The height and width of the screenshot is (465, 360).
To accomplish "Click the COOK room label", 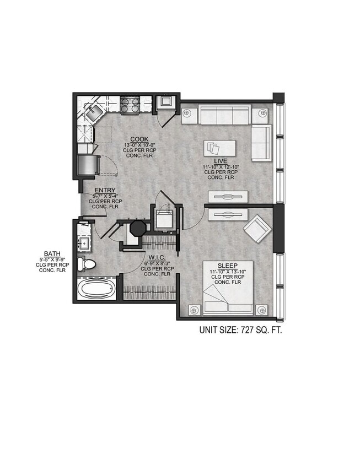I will point(138,139).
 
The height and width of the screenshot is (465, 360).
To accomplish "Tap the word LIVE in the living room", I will point(221,160).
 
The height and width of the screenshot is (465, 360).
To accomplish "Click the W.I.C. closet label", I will point(154,257).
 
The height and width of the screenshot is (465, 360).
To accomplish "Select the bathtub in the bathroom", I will point(96,289).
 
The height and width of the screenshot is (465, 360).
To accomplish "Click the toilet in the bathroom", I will point(87,264).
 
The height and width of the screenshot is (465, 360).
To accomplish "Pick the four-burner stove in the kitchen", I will point(130,105).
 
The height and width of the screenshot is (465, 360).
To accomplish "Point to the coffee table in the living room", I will point(220,148).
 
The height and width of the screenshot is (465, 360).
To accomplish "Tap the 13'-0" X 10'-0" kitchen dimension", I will point(138,145).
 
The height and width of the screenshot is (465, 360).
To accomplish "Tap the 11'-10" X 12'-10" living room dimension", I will point(221,166).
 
